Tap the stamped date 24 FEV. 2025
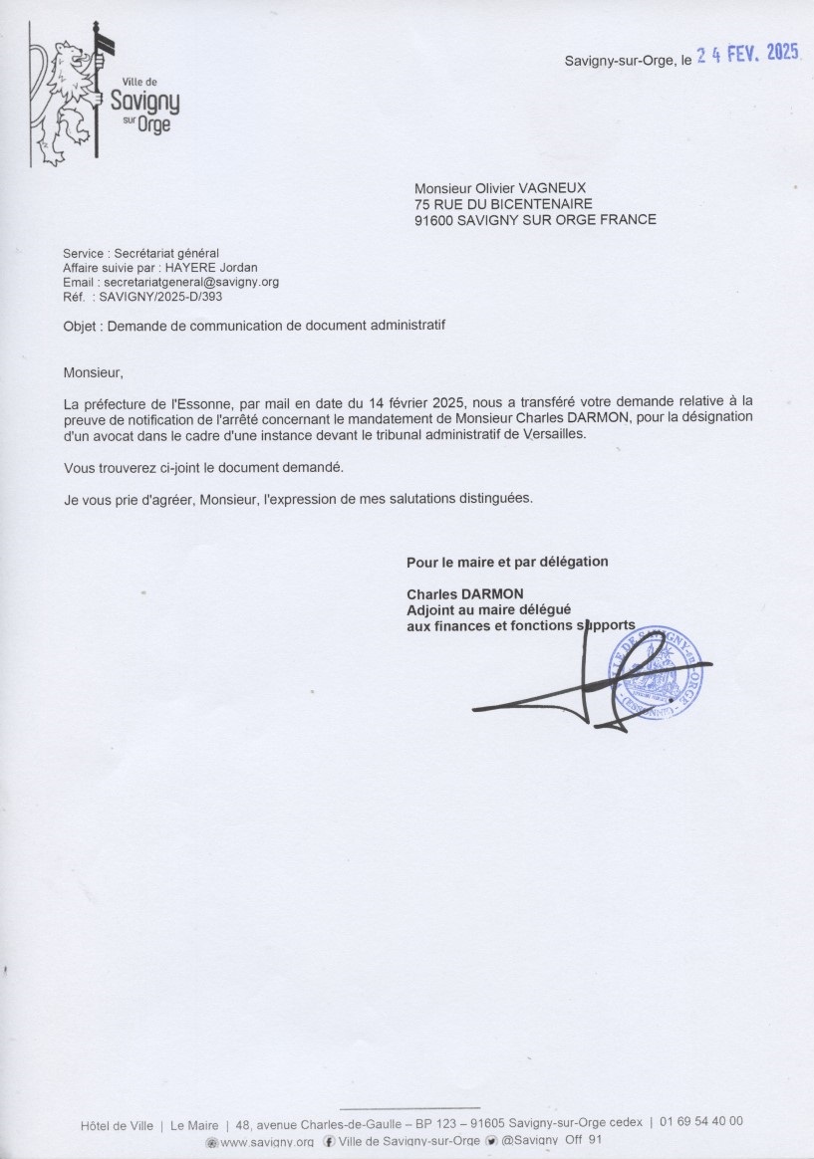point(747,55)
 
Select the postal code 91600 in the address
point(434,219)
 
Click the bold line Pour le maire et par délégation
point(506,562)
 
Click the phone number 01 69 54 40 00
point(701,1121)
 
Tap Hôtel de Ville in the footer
point(117,1126)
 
